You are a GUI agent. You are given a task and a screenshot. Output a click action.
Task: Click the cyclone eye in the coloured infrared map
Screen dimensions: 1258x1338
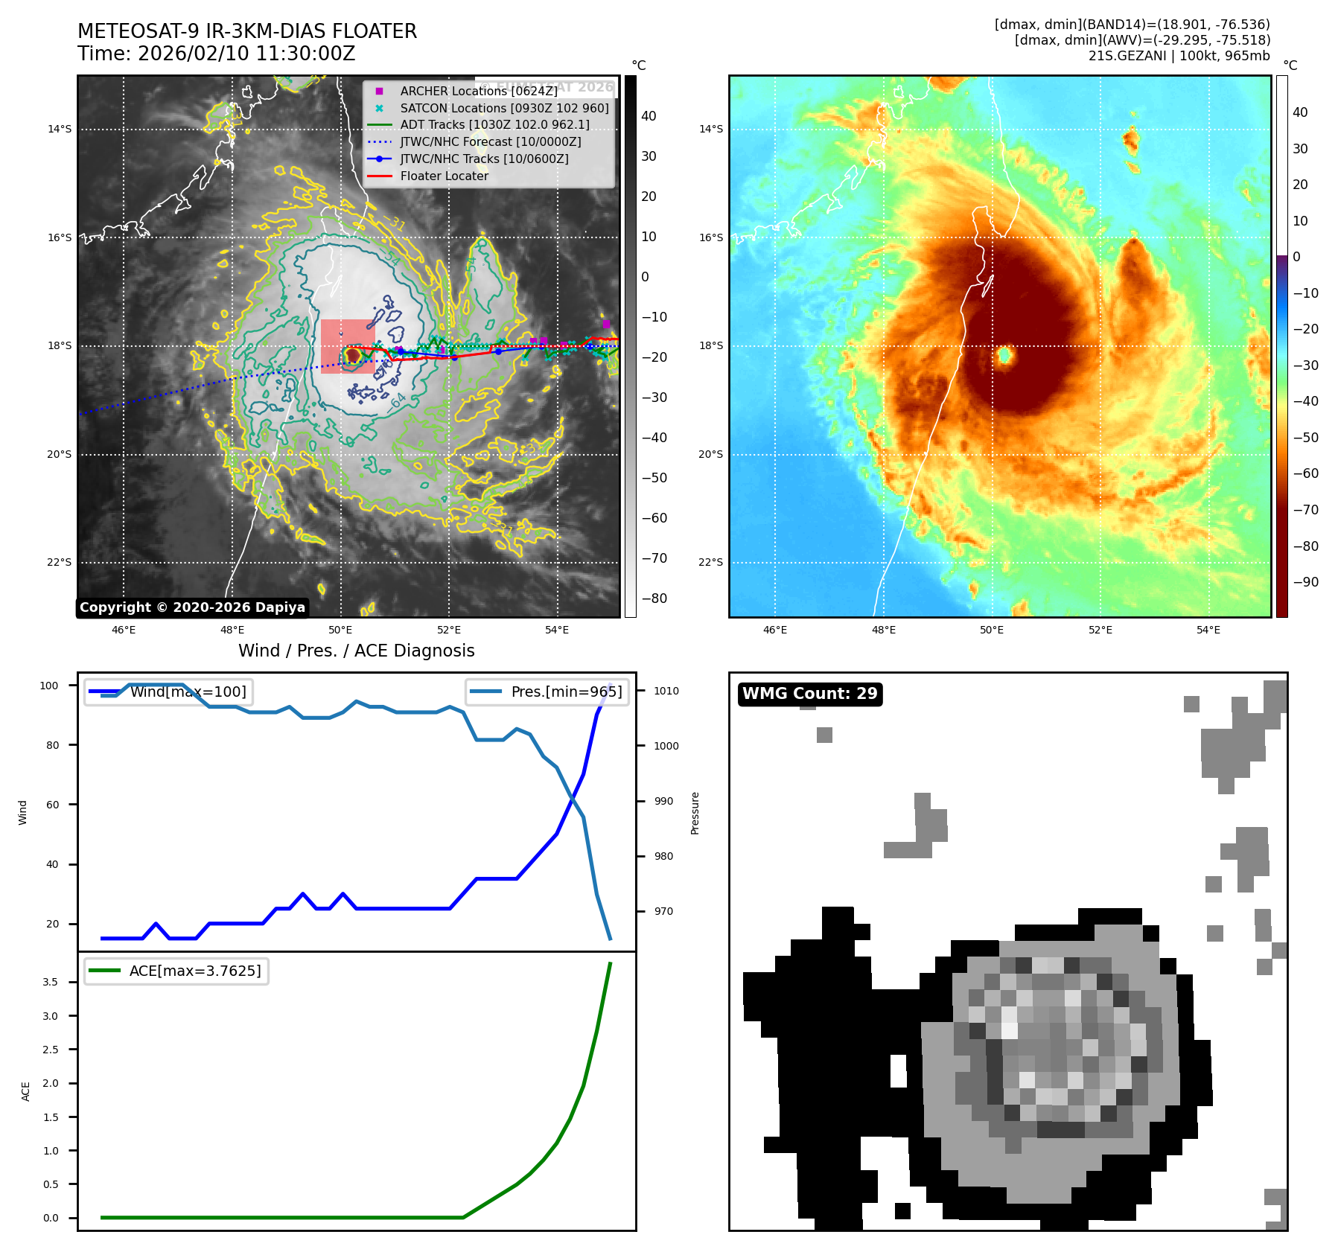point(1004,356)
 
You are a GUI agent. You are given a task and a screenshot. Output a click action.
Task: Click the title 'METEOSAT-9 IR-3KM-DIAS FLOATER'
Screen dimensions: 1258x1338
point(247,31)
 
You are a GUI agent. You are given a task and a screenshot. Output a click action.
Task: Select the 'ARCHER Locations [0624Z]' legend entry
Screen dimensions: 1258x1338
point(478,91)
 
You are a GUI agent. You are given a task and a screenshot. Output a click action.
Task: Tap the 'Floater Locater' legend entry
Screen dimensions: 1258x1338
point(444,176)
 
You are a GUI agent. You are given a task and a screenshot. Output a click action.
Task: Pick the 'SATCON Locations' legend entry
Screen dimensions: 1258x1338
point(504,108)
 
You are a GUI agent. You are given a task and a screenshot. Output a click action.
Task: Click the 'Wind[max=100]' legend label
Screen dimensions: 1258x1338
point(188,692)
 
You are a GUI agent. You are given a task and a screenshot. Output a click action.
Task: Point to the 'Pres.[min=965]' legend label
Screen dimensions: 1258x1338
point(566,692)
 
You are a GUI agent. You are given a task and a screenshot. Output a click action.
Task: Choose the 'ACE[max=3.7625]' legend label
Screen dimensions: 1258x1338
point(195,971)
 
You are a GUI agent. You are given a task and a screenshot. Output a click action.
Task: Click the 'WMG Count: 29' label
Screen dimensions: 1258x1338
point(809,694)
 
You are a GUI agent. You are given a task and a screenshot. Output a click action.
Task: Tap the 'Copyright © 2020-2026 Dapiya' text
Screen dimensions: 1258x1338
point(192,607)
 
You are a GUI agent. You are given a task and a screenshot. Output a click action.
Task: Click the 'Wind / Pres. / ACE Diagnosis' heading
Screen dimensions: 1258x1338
point(356,651)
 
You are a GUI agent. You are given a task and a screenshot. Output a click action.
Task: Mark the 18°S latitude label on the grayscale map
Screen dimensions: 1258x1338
point(60,346)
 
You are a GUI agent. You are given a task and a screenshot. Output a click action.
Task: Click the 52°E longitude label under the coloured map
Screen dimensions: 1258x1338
point(1100,630)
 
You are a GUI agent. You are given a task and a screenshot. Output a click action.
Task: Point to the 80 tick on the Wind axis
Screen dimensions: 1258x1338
point(52,745)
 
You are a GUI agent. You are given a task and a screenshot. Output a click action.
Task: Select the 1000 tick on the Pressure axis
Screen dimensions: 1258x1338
point(666,746)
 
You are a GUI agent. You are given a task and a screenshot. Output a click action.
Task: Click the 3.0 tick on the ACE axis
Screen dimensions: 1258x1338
point(50,1016)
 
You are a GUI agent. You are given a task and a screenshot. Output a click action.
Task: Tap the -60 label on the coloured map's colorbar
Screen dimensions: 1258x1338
point(1305,473)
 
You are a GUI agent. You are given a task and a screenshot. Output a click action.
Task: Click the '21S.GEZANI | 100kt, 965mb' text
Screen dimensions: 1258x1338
point(1179,56)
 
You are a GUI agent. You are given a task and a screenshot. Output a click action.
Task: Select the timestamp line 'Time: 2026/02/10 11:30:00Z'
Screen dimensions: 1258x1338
point(216,54)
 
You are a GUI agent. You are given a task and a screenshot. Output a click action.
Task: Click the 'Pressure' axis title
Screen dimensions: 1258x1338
point(695,813)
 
